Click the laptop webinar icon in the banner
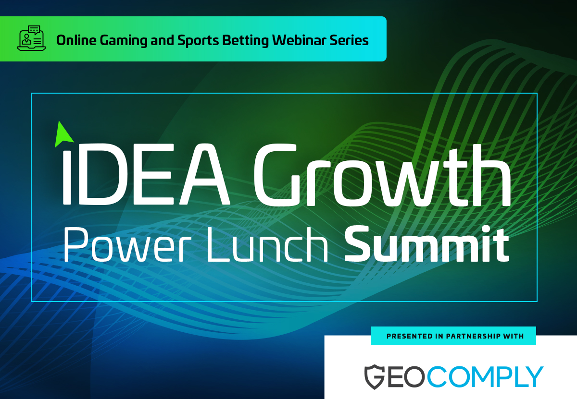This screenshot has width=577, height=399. click(x=31, y=38)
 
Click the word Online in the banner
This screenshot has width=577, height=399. click(x=76, y=40)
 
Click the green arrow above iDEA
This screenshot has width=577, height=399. click(x=63, y=134)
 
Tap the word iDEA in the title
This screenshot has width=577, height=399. click(x=146, y=174)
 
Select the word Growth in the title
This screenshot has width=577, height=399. click(x=382, y=175)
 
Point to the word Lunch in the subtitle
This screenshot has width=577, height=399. click(x=267, y=244)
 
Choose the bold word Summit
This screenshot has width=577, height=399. click(x=426, y=244)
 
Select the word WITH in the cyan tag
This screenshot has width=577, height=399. click(x=513, y=336)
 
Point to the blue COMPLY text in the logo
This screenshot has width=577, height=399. click(x=485, y=376)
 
